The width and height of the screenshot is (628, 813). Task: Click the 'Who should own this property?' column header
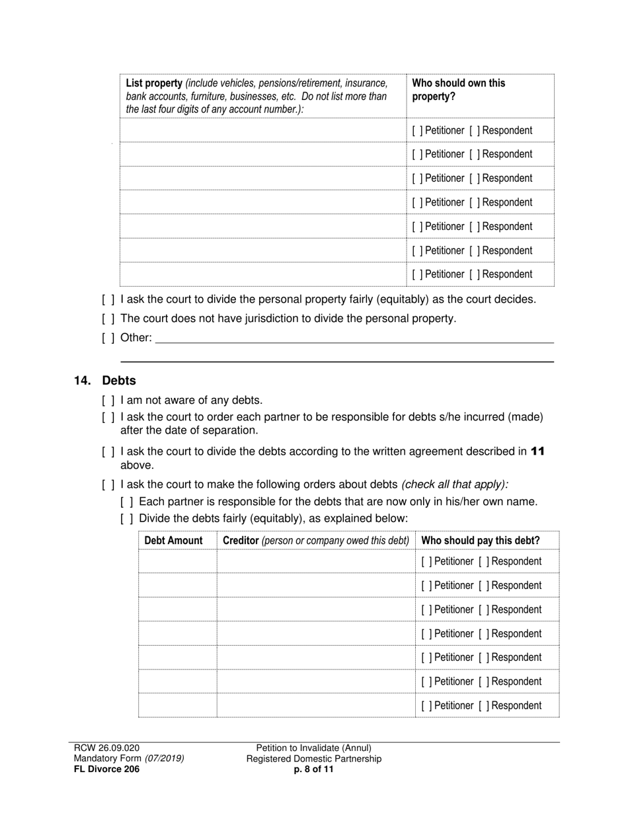[458, 89]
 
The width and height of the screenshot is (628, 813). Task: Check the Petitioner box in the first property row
[416, 130]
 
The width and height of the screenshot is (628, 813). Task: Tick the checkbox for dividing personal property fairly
[108, 299]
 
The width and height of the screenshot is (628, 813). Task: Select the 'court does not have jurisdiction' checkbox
[108, 319]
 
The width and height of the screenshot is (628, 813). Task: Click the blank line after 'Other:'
[354, 338]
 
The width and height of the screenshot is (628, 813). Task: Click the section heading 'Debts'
[119, 381]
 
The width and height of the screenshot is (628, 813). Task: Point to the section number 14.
[82, 381]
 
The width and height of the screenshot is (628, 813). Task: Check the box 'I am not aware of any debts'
[108, 400]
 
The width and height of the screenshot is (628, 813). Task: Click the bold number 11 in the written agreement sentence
[537, 451]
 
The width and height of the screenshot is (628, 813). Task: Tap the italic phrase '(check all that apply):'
[455, 484]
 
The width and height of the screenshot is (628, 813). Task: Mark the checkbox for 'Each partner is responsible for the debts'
[127, 502]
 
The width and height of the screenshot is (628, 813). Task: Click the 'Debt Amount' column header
[173, 540]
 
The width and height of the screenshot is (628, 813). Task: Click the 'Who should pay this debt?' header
[480, 540]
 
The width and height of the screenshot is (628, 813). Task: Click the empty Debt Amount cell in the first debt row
[177, 561]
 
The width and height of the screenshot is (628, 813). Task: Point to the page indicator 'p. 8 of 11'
[314, 769]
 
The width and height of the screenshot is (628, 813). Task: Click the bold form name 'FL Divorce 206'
[106, 769]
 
